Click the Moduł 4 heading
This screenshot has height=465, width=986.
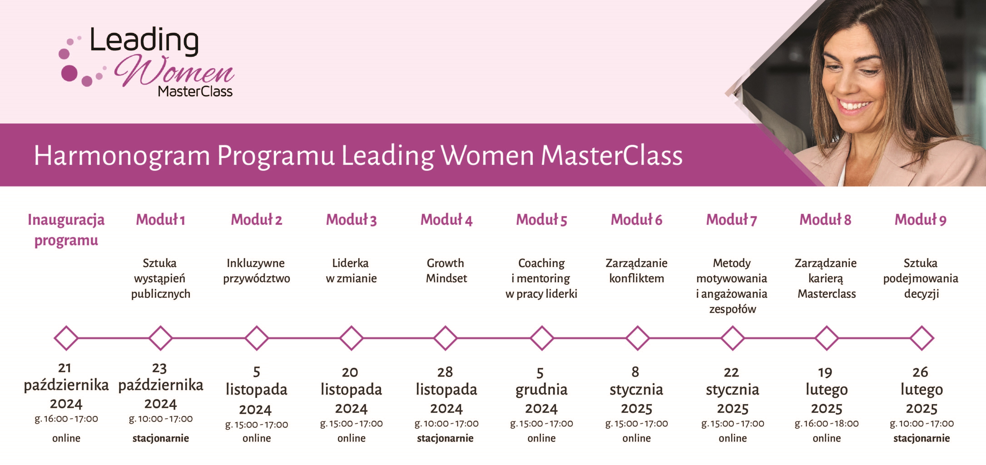pyautogui.click(x=446, y=220)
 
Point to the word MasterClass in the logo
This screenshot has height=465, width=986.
pyautogui.click(x=195, y=92)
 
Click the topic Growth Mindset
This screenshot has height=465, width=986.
pyautogui.click(x=446, y=271)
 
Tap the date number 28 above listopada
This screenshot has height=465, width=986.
pyautogui.click(x=445, y=372)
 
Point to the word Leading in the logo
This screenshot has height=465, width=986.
pyautogui.click(x=144, y=41)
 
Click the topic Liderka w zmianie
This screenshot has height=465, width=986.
pyautogui.click(x=351, y=271)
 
